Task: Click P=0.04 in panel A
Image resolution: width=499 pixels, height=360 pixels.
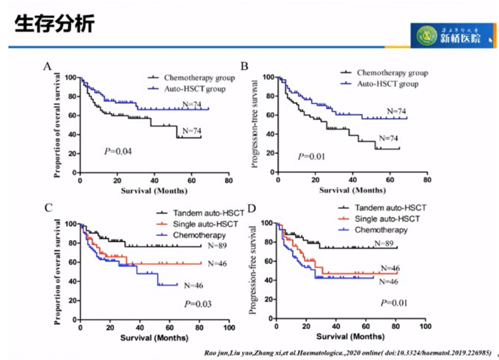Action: point(118,151)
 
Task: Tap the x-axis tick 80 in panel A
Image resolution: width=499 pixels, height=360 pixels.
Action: point(228,180)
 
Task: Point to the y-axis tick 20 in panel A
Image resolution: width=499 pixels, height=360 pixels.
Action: point(72,154)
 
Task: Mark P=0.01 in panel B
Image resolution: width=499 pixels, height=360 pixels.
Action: point(312,157)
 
